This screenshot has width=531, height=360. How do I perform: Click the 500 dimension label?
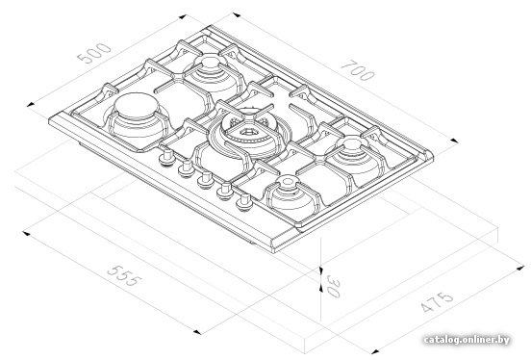[x=94, y=53]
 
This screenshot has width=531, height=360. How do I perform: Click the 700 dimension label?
[x=358, y=70]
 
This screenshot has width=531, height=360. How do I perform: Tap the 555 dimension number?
[x=123, y=275]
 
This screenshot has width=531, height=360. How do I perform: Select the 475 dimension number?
[x=437, y=301]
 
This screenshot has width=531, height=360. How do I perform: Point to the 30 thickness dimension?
[x=333, y=287]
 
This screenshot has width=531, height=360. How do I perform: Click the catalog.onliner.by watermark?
[x=467, y=340]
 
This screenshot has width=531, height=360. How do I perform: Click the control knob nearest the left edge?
[x=167, y=158]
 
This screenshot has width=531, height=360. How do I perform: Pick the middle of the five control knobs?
[x=206, y=180]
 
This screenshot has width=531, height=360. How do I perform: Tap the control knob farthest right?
[x=243, y=203]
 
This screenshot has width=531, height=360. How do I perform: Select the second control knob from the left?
[x=187, y=168]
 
